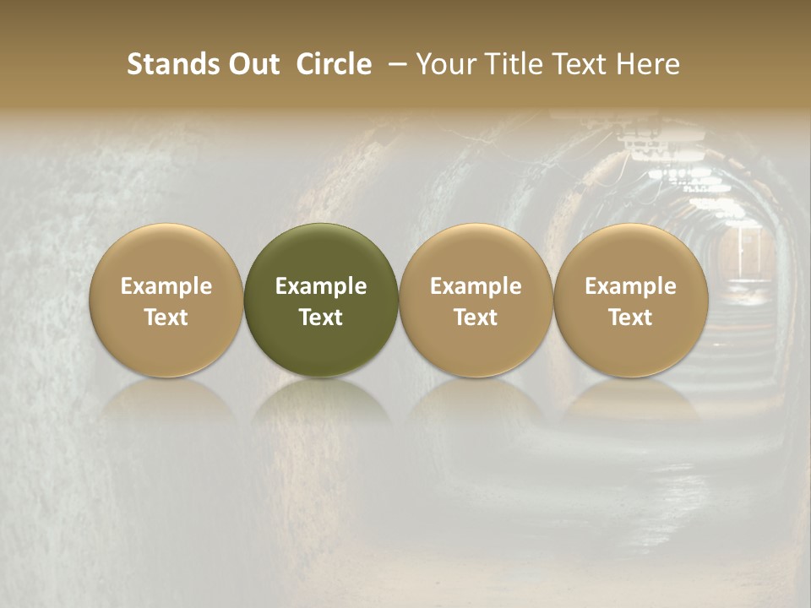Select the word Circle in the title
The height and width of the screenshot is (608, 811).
pos(334,64)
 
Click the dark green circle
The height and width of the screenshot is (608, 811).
pos(321,253)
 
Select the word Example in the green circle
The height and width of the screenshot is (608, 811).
pos(321,286)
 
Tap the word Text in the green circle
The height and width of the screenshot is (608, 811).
pos(321,318)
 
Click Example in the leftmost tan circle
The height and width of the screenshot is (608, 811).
pos(166,286)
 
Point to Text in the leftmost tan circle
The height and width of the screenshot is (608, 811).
pos(166,318)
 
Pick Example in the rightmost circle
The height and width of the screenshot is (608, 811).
pos(630,286)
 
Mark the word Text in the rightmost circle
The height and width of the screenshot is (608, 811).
pos(630,318)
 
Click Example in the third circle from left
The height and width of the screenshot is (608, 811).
pos(476,286)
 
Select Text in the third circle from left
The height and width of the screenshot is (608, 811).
pos(476,318)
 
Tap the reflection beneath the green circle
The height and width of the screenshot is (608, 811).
pos(321,401)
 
